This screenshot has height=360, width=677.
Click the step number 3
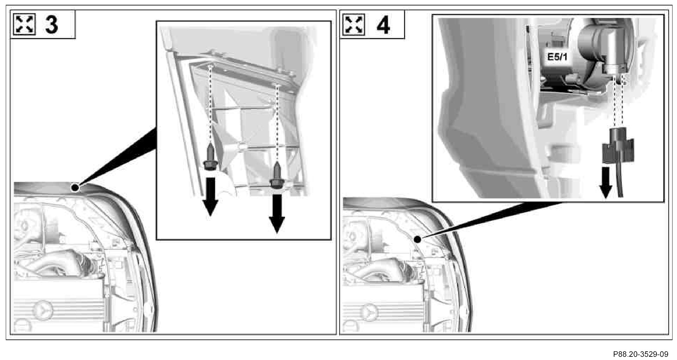click(x=51, y=24)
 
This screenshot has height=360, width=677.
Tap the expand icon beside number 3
click(x=24, y=24)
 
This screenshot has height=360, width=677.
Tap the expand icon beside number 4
click(x=354, y=24)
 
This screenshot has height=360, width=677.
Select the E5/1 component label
click(x=557, y=57)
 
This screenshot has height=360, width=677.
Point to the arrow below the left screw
click(x=210, y=196)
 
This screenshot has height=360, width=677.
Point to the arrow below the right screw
click(x=277, y=214)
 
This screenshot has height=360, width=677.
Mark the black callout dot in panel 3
click(x=75, y=187)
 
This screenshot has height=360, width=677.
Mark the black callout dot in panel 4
click(x=417, y=239)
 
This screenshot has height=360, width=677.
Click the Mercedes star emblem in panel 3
click(x=43, y=310)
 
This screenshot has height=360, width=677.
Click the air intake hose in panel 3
click(x=61, y=263)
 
